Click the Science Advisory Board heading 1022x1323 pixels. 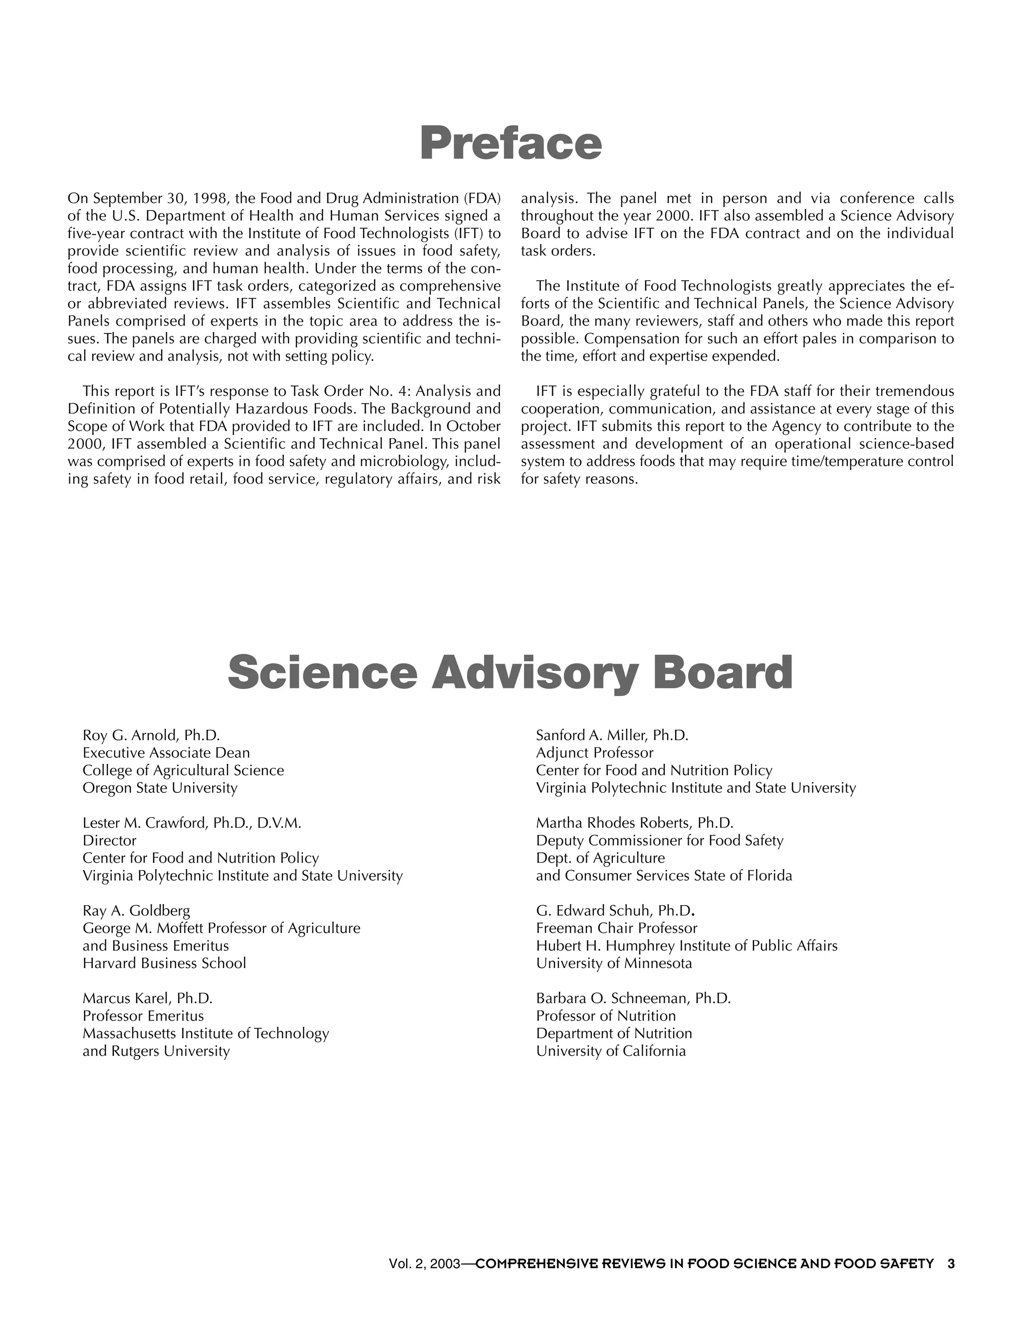(x=511, y=672)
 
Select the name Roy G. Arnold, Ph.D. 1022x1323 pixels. (x=151, y=735)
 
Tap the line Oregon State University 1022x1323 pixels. (x=160, y=788)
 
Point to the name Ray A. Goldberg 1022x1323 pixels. (x=136, y=911)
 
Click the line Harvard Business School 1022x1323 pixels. (x=164, y=963)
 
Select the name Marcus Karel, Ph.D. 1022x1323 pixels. (x=147, y=998)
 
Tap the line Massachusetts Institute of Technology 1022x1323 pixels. (x=206, y=1033)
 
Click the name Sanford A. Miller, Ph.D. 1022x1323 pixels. (x=612, y=735)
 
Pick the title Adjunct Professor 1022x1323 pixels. (x=594, y=753)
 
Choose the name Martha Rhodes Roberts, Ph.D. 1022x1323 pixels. (x=635, y=823)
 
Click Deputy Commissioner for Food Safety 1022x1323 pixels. (x=659, y=841)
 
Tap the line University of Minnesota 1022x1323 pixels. (x=614, y=963)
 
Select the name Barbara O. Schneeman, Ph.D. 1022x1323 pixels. (x=633, y=998)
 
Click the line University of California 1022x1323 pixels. (x=611, y=1051)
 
